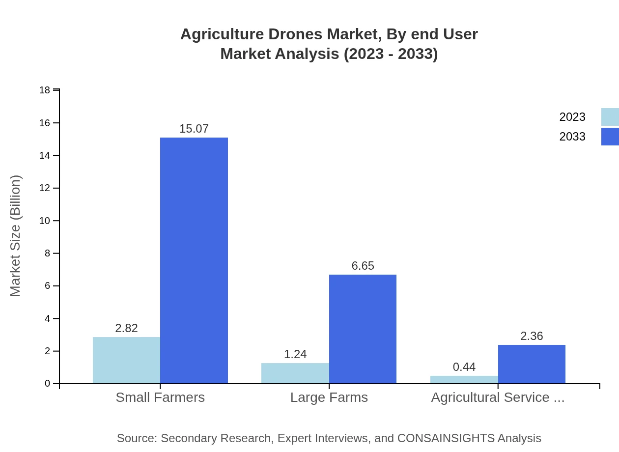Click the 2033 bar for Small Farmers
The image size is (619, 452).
(194, 260)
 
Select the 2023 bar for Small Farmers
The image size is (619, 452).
(126, 360)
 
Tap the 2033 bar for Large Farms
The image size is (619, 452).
(363, 329)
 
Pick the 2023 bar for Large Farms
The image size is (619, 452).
(295, 373)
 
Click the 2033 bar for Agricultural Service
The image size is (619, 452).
(532, 364)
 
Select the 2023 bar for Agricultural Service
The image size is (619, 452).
(464, 379)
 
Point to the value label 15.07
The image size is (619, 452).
(194, 129)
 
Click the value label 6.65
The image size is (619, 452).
(363, 266)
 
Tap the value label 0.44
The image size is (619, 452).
(464, 367)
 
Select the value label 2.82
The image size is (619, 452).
(126, 328)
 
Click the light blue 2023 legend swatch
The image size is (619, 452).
(610, 117)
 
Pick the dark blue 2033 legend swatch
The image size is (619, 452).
(610, 137)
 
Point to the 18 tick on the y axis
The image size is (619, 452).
(45, 90)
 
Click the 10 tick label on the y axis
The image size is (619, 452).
(45, 221)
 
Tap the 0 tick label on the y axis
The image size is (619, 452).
(48, 383)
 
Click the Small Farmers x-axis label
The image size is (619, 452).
(160, 397)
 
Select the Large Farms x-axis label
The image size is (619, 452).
(329, 397)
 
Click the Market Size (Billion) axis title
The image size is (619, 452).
(15, 236)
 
